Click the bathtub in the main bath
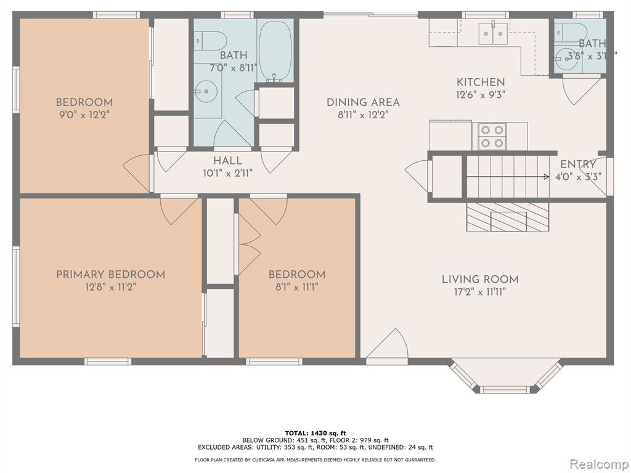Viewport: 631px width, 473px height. point(275,51)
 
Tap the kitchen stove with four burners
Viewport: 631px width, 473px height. point(492,136)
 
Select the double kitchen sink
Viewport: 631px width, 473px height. point(493,34)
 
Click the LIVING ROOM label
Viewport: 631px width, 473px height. point(480,279)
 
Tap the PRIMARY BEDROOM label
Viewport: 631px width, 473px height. point(111,275)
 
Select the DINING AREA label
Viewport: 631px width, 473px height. point(363,102)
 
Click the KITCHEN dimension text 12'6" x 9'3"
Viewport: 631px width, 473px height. point(481,94)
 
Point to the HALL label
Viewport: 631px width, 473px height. point(228,161)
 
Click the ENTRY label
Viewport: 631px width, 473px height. point(578,164)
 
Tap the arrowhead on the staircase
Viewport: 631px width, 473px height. point(547,177)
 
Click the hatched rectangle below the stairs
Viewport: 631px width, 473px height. point(508,217)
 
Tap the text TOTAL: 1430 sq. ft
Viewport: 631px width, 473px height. point(315,433)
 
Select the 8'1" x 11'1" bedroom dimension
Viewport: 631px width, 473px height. point(296,288)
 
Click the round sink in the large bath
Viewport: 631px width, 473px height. point(207,91)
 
